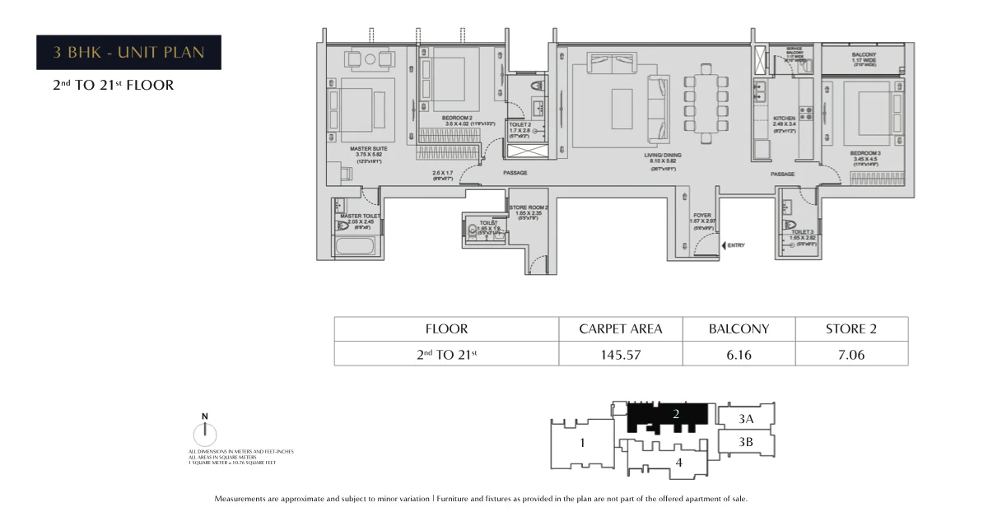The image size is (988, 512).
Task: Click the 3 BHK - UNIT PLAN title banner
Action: pos(128,53)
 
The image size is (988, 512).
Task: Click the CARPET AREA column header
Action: pos(621,328)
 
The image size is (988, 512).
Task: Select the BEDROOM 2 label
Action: pos(457,118)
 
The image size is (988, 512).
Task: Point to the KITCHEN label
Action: pos(784,119)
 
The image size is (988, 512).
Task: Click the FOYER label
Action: pos(701,216)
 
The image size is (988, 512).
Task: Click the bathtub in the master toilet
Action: pos(355,246)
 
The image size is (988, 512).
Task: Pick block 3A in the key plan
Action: pos(746,418)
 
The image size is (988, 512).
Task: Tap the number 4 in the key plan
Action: pos(678,463)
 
